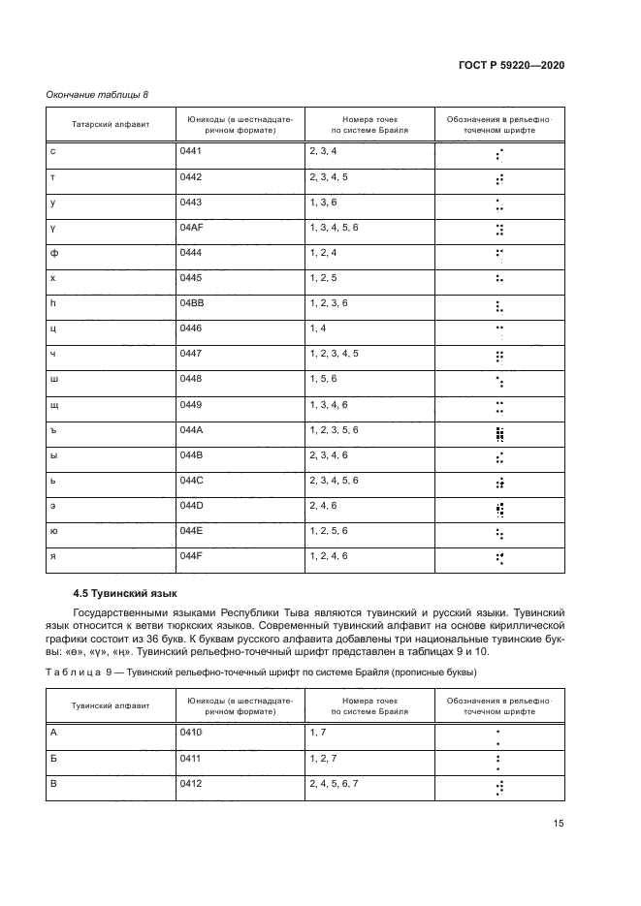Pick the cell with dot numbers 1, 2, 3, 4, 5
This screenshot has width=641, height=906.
(x=334, y=354)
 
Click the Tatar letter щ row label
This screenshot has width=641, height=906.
(x=54, y=404)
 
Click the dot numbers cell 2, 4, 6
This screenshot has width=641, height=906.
(x=323, y=505)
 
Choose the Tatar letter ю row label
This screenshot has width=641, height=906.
(x=54, y=530)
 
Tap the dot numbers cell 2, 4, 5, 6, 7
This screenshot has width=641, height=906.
(x=334, y=782)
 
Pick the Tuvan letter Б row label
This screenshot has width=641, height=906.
(x=53, y=757)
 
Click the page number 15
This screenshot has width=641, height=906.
(x=559, y=824)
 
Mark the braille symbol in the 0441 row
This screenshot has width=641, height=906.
(x=498, y=153)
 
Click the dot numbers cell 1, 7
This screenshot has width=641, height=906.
(x=316, y=732)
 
